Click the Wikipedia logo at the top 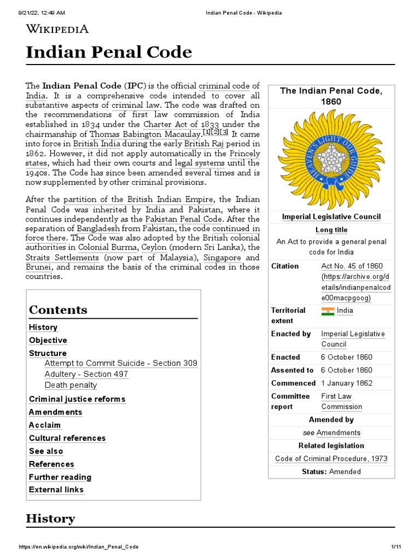(x=57, y=29)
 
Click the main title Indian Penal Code (x=109, y=52)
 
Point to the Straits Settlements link (x=62, y=258)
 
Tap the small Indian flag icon (x=328, y=311)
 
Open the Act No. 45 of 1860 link (x=352, y=266)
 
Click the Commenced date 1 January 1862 (x=346, y=383)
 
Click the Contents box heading (x=58, y=310)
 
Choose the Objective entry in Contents (x=48, y=341)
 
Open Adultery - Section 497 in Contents (x=86, y=374)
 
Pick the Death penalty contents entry (x=71, y=385)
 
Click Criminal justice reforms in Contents (x=77, y=399)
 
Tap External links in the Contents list (x=56, y=490)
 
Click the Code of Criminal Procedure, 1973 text (x=331, y=459)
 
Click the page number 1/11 (x=396, y=547)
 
